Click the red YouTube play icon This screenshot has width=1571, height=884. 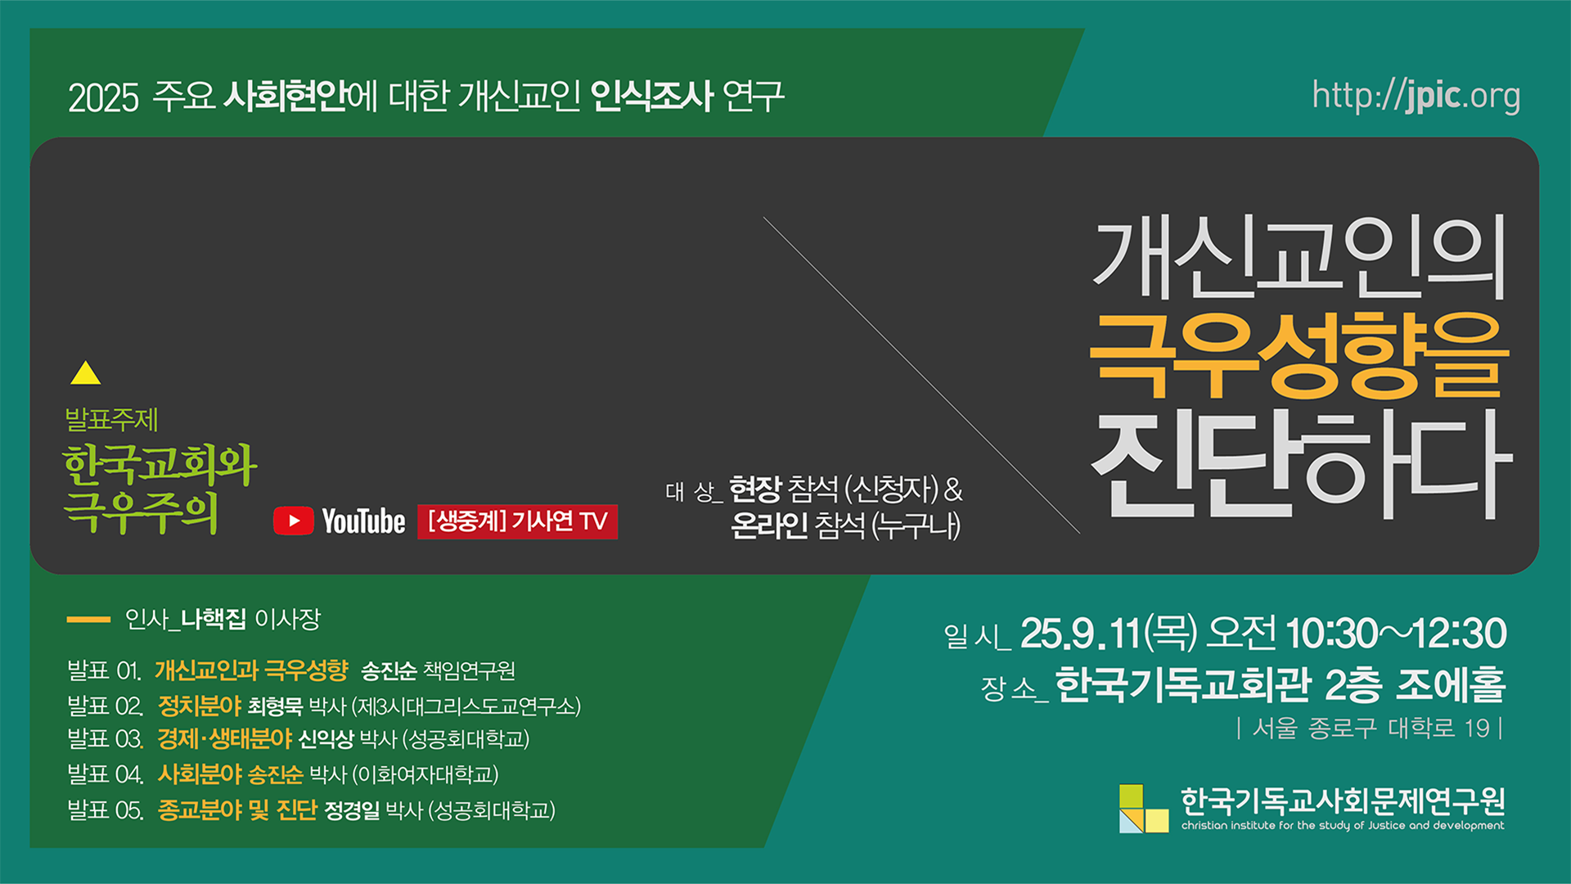[293, 521]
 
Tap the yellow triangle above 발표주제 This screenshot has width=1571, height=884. [85, 373]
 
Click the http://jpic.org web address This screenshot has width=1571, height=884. [1416, 96]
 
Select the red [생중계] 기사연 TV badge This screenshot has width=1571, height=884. [517, 521]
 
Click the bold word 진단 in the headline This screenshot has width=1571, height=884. [1194, 463]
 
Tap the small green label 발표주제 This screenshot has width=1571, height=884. [111, 420]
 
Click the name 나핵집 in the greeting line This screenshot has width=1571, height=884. [213, 619]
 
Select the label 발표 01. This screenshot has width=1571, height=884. [104, 671]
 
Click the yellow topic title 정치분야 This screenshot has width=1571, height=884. [200, 706]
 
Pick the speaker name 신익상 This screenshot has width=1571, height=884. [326, 739]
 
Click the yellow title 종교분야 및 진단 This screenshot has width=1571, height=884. [237, 810]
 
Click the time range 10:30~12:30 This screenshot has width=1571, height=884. [1396, 634]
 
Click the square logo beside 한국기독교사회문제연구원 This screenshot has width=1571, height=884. [1144, 808]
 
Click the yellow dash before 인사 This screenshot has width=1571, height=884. [88, 620]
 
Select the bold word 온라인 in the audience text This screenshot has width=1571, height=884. [769, 525]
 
